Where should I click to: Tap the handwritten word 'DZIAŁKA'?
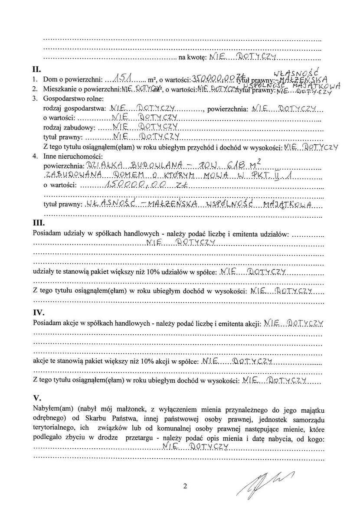(x=101, y=165)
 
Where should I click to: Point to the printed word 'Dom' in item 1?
(x=49, y=80)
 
